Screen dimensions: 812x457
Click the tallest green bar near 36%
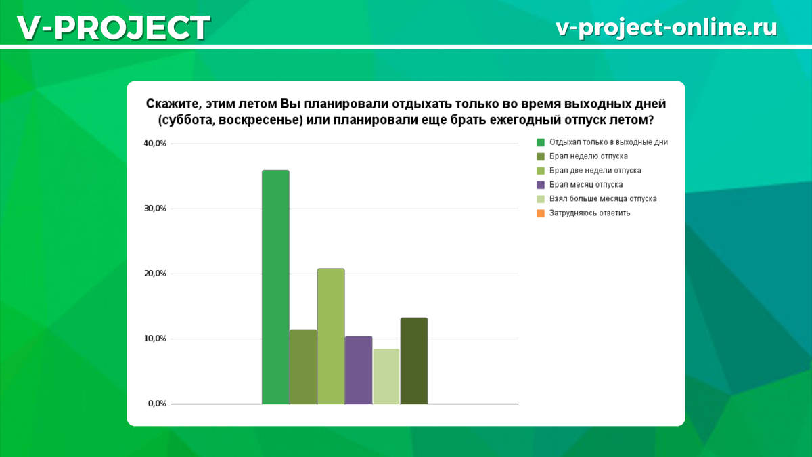[x=275, y=287]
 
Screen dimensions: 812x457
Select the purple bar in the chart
[x=359, y=370]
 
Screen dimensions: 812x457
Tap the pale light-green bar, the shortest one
[x=386, y=376]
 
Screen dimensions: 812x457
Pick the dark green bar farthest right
[x=414, y=360]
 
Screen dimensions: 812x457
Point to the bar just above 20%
[x=331, y=336]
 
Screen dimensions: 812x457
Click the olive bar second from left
[x=303, y=367]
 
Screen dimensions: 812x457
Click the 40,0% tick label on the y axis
[x=155, y=144]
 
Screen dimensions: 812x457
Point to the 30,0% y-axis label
[x=155, y=209]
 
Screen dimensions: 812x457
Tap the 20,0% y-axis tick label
[x=155, y=274]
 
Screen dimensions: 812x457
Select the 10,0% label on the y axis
[x=155, y=339]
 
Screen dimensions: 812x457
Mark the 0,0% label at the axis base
[x=157, y=404]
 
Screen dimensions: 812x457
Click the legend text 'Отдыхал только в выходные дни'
[x=608, y=142]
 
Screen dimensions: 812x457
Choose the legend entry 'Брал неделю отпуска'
[x=588, y=156]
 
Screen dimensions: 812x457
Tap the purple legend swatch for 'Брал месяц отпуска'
[x=541, y=185]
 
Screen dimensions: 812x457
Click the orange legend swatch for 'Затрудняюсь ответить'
[x=541, y=213]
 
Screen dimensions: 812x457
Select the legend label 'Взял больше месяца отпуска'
[x=603, y=199]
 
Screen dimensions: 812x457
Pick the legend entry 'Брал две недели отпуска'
[x=595, y=171]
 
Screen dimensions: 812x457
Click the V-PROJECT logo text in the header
[x=114, y=28]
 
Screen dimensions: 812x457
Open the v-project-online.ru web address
[x=667, y=28]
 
